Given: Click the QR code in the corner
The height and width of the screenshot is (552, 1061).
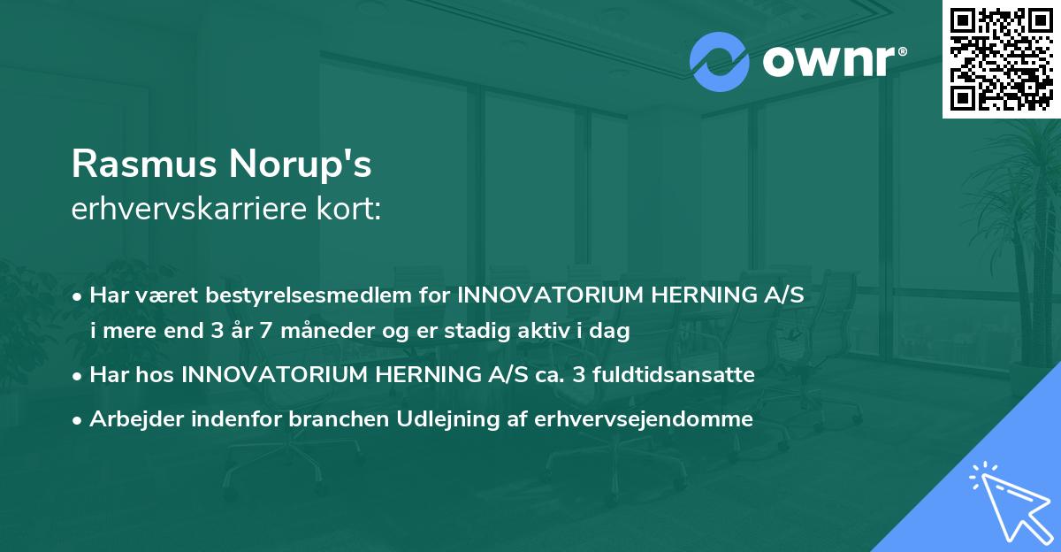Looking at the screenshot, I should (x=1002, y=58).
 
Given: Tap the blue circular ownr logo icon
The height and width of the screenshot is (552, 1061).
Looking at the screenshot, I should (x=718, y=62).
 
